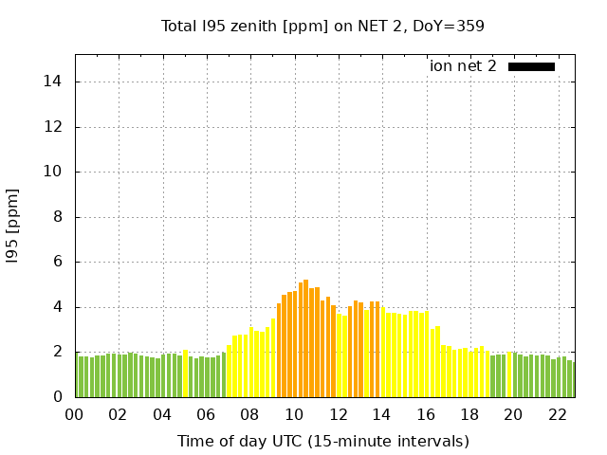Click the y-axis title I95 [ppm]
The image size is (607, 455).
tap(13, 226)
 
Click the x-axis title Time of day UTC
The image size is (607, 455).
tap(322, 441)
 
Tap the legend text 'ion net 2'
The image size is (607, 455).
tap(463, 66)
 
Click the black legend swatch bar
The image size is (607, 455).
tap(531, 66)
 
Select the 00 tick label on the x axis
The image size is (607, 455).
tap(75, 414)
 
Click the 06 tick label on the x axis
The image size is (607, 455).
tap(206, 414)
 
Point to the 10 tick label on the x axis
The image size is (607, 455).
tap(294, 414)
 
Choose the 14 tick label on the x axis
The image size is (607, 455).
tap(381, 414)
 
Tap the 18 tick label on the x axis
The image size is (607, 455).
tap(469, 414)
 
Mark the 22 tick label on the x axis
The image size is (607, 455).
tap(557, 414)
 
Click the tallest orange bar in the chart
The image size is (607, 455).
tap(305, 338)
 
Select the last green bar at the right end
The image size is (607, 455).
tap(571, 379)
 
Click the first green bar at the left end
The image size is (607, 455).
tap(78, 376)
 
